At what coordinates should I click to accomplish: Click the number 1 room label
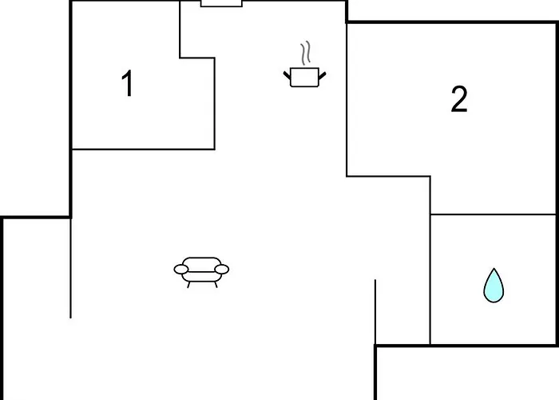(x=128, y=83)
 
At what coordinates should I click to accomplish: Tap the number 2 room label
(x=459, y=99)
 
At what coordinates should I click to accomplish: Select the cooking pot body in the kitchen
(x=304, y=77)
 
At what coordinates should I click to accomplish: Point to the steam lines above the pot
(x=306, y=53)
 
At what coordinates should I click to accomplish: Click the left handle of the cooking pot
(x=287, y=75)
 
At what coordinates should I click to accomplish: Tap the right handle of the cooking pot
(x=323, y=76)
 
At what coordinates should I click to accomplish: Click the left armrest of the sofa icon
(x=181, y=270)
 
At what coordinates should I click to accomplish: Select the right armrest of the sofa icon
(x=222, y=270)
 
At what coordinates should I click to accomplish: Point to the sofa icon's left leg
(x=188, y=285)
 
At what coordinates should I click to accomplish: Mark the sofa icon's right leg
(x=216, y=285)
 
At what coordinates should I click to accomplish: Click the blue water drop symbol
(x=494, y=286)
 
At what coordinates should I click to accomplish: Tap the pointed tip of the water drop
(x=494, y=269)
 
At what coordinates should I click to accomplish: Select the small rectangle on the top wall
(x=221, y=3)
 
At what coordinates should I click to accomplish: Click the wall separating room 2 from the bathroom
(x=493, y=214)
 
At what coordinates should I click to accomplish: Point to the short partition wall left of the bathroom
(x=375, y=312)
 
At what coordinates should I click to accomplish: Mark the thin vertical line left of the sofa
(x=70, y=268)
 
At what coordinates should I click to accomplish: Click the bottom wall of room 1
(x=143, y=150)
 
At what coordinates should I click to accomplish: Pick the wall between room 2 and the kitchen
(x=347, y=100)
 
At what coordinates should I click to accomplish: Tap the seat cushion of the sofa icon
(x=201, y=277)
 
